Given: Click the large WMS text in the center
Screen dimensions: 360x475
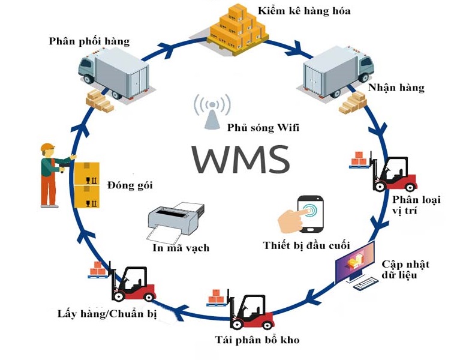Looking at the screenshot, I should [x=241, y=158].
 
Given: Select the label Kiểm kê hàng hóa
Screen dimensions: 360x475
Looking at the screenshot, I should [x=304, y=11].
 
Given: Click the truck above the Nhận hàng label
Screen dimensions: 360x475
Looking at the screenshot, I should [x=337, y=70].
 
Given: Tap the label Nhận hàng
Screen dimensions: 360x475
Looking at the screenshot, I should [x=396, y=88].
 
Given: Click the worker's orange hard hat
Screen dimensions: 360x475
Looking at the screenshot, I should [x=47, y=148].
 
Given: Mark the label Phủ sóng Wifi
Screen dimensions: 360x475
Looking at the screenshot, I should [x=263, y=128].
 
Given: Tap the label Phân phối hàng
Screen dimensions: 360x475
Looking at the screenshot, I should [x=89, y=41].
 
